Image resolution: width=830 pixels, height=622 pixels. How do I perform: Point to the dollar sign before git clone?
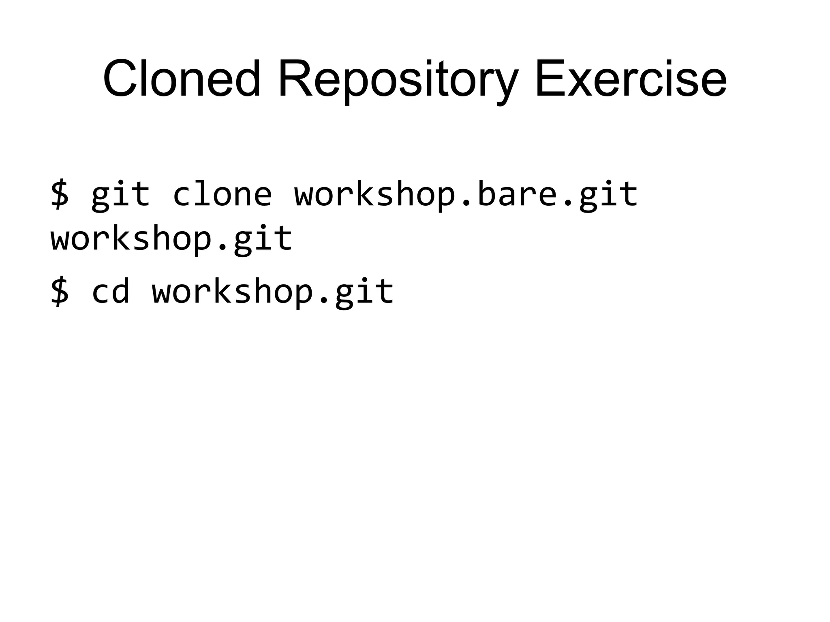click(60, 195)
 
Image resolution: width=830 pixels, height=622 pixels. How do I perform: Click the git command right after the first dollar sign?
click(120, 195)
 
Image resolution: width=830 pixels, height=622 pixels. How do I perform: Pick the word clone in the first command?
click(222, 194)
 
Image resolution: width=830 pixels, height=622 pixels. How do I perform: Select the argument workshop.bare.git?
click(466, 195)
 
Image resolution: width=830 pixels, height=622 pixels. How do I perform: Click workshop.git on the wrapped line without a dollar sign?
click(171, 239)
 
